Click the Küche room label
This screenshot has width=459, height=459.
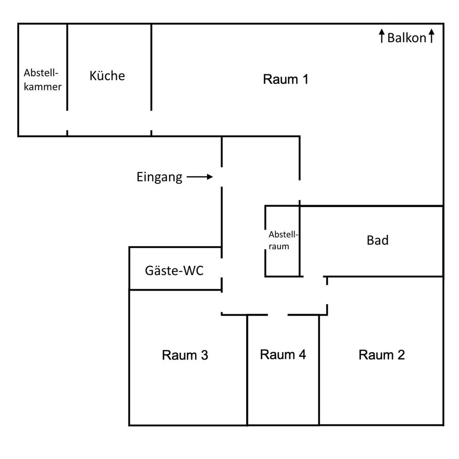pos(107,76)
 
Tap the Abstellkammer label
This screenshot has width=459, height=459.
pos(43,80)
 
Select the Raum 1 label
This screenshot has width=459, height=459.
pos(285,79)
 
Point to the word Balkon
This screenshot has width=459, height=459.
pos(406,38)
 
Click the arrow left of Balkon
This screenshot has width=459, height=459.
pos(382,36)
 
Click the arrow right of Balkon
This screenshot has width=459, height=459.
pos(431,36)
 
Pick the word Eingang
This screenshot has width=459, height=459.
pos(159,177)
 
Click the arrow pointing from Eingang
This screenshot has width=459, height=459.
pos(200,177)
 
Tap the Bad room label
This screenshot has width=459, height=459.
pos(377,240)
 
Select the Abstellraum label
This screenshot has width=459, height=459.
pos(283,240)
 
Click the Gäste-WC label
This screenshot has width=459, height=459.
pos(174,271)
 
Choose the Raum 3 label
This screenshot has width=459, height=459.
pos(185,355)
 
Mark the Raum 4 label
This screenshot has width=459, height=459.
pos(283,355)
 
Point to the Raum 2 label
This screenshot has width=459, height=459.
pos(382,355)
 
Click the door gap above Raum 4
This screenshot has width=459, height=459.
pos(277,315)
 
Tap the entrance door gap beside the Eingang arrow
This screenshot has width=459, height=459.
pos(221,177)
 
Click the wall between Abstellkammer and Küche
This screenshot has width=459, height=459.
pos(67,67)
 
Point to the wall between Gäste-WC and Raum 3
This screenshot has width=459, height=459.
pos(175,289)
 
